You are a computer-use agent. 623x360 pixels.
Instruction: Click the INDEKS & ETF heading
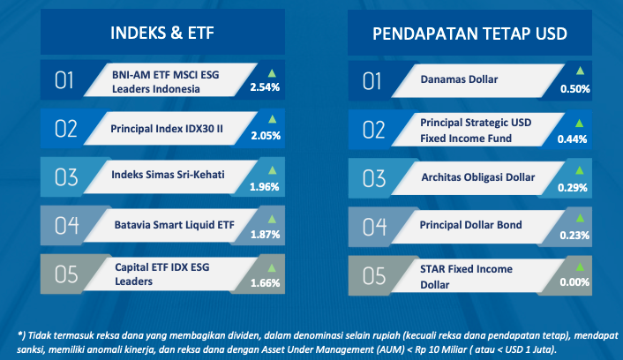pyautogui.click(x=162, y=33)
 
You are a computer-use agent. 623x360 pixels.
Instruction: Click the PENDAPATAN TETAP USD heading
pyautogui.click(x=469, y=34)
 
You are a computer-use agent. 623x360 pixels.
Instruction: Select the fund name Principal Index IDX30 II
pyautogui.click(x=167, y=129)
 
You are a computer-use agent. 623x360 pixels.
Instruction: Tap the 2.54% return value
pyautogui.click(x=265, y=87)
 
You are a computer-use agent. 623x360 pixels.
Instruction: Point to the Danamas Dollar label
pyautogui.click(x=459, y=79)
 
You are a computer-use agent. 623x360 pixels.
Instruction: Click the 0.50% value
pyautogui.click(x=575, y=89)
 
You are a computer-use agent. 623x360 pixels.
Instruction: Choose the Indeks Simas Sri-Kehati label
pyautogui.click(x=168, y=175)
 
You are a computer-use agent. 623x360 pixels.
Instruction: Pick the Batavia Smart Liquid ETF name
pyautogui.click(x=175, y=225)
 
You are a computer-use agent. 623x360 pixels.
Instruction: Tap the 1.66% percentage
pyautogui.click(x=265, y=283)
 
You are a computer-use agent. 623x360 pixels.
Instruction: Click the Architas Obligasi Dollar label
pyautogui.click(x=478, y=177)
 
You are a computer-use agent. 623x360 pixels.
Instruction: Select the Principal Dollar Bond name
pyautogui.click(x=471, y=225)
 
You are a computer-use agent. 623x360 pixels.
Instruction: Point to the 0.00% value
pyautogui.click(x=574, y=282)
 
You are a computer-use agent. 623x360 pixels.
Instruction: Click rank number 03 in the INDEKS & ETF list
pyautogui.click(x=66, y=177)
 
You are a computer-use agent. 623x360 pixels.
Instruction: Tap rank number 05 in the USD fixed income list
pyautogui.click(x=374, y=276)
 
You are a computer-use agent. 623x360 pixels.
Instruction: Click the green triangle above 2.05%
pyautogui.click(x=272, y=119)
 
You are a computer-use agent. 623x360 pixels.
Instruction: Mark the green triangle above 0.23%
pyautogui.click(x=580, y=218)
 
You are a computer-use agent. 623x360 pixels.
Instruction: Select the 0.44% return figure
pyautogui.click(x=572, y=139)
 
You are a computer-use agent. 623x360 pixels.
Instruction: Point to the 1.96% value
pyautogui.click(x=264, y=187)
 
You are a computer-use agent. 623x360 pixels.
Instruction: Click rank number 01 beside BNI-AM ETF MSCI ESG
pyautogui.click(x=64, y=80)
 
